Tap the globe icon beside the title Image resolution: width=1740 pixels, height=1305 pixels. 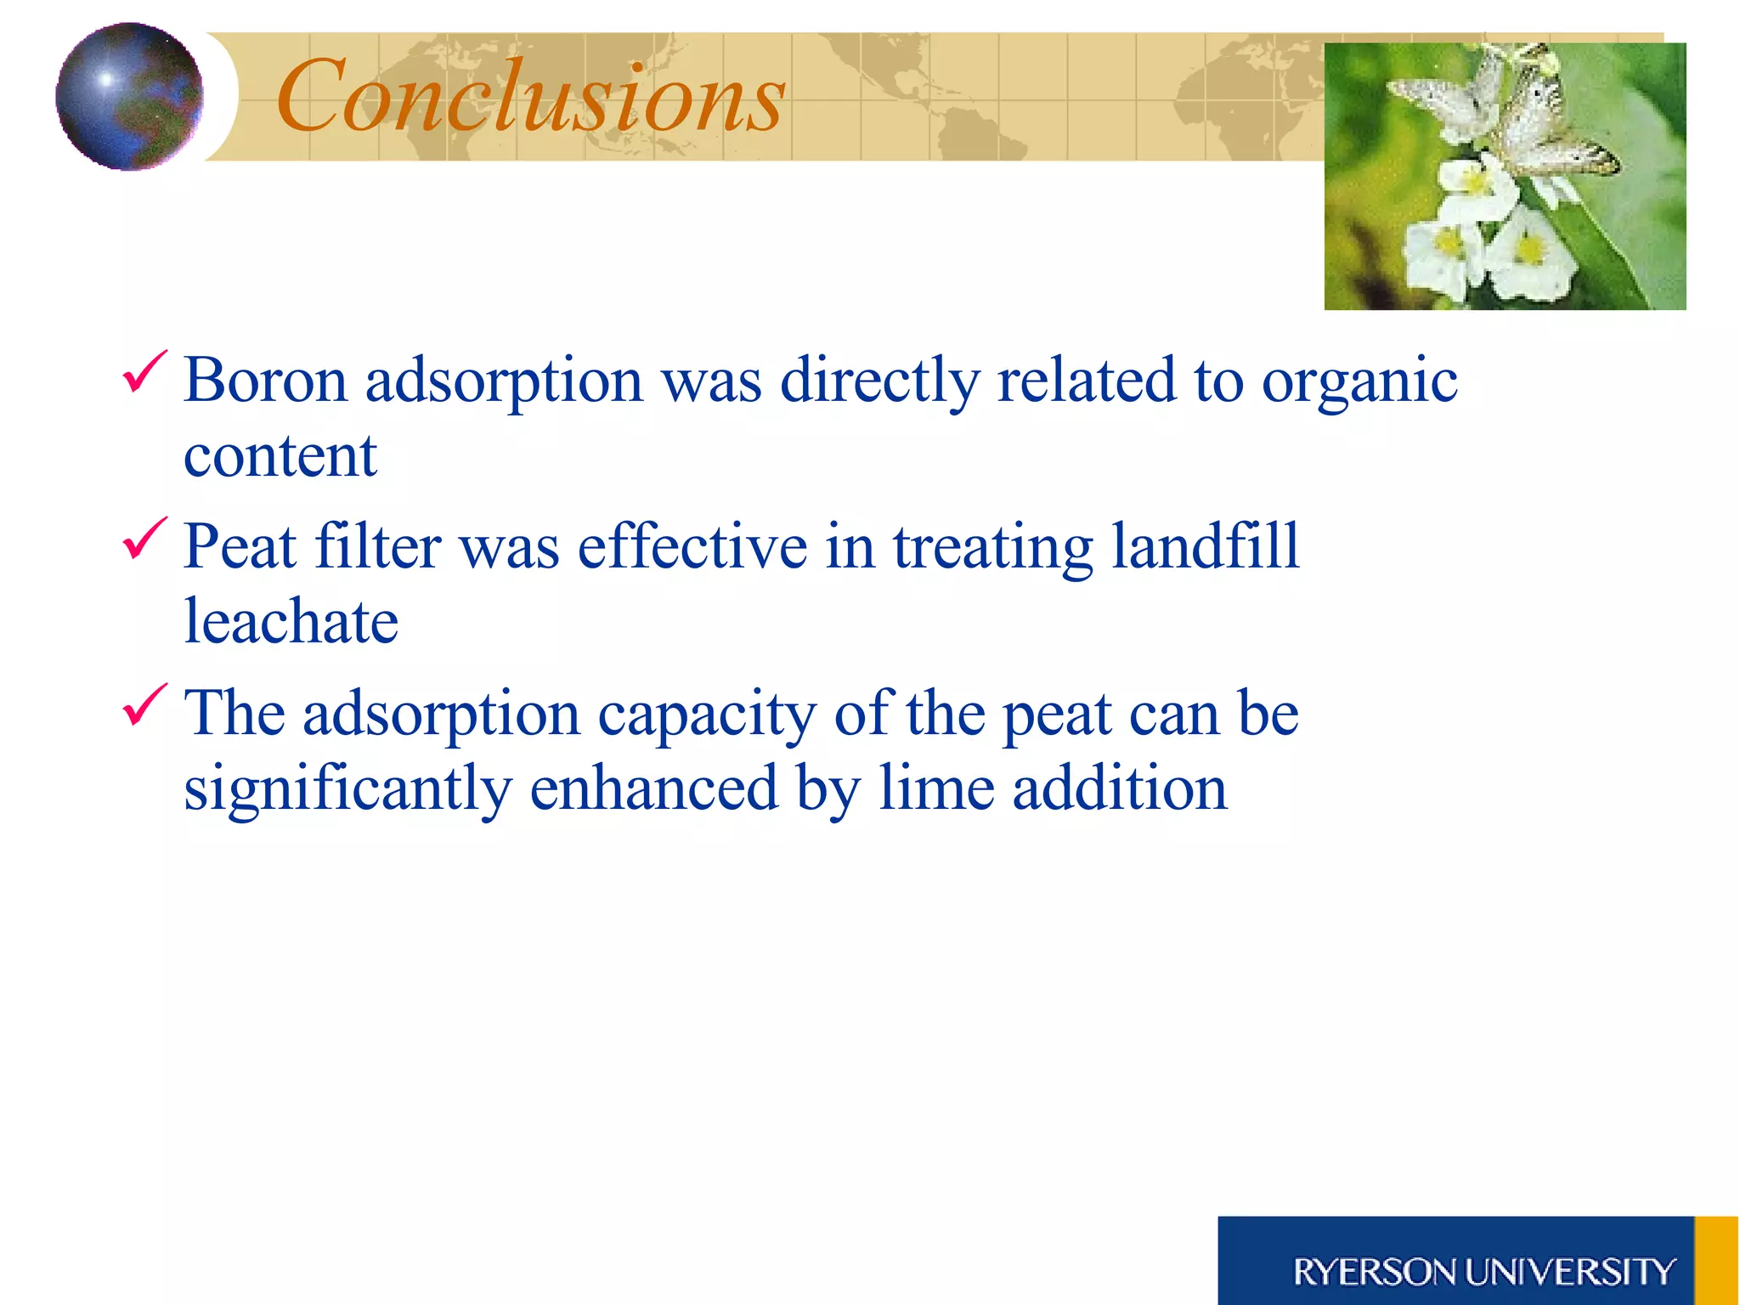coord(129,96)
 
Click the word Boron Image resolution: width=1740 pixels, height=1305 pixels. coord(265,380)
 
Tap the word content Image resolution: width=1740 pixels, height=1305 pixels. coord(280,456)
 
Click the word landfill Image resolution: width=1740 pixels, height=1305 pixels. coord(1206,545)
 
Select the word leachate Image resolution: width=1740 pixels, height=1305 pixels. coord(291,621)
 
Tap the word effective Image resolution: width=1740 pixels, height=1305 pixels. coord(692,545)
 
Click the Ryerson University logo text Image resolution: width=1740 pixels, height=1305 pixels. coord(1483,1272)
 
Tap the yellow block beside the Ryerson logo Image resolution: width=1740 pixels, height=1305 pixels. coord(1716,1261)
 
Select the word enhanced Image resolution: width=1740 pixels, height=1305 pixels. coord(654,788)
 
